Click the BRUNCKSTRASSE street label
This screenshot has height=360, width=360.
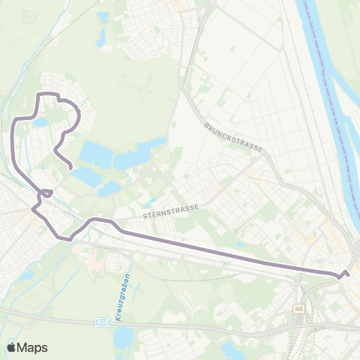[x=233, y=137]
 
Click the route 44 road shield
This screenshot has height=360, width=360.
[x=299, y=308]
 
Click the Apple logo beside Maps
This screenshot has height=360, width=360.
[x=11, y=347]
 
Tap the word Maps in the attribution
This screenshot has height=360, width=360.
[x=32, y=347]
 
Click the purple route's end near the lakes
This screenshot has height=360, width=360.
[x=70, y=166]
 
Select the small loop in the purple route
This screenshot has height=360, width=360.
[x=46, y=193]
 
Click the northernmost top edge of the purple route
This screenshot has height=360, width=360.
[x=46, y=93]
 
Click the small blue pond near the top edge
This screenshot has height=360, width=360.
[x=103, y=16]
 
